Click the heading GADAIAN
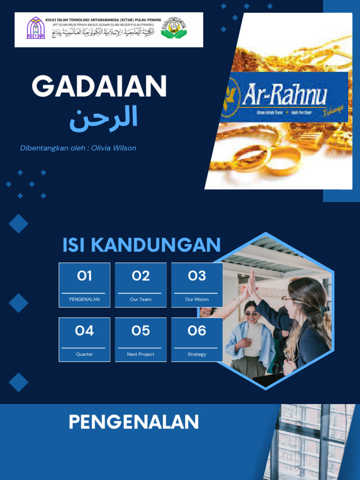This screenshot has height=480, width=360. pos(99,87)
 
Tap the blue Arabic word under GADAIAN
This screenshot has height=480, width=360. pos(104,118)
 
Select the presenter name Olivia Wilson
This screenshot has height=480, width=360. pos(114,148)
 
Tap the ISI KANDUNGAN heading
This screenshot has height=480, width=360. pos(141,245)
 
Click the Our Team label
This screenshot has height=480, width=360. pos(141,299)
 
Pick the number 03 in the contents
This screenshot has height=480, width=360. pos(197,276)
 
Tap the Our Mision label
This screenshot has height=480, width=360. pos(197,299)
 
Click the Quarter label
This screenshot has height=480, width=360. pos(84,354)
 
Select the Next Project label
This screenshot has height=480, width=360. pos(141,354)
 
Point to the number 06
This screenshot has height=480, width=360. pos(197,331)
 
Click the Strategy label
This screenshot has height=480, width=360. pos(197,354)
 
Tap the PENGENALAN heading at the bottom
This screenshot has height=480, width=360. pos(134,422)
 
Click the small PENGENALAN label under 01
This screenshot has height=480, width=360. pos(84,299)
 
